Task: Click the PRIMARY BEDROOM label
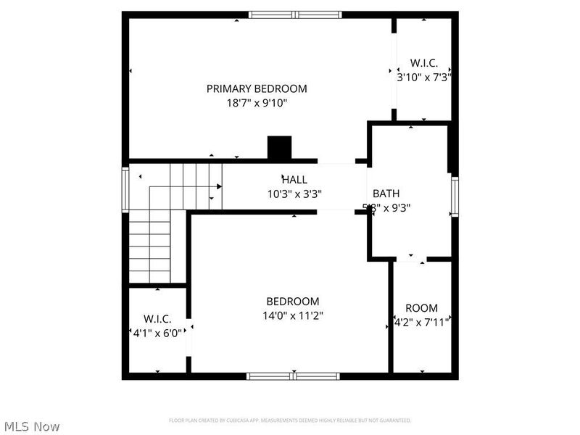pyautogui.click(x=257, y=88)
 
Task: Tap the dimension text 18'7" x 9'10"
pyautogui.click(x=257, y=103)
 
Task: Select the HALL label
pyautogui.click(x=294, y=179)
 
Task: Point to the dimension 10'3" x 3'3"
pyautogui.click(x=294, y=194)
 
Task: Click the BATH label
pyautogui.click(x=386, y=194)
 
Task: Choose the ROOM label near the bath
pyautogui.click(x=421, y=308)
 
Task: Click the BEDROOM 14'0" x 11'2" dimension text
pyautogui.click(x=293, y=315)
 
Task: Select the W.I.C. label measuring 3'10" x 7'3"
pyautogui.click(x=423, y=63)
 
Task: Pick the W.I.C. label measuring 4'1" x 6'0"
pyautogui.click(x=157, y=319)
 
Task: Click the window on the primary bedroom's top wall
pyautogui.click(x=294, y=14)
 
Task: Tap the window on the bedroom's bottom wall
pyautogui.click(x=293, y=376)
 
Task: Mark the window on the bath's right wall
pyautogui.click(x=455, y=196)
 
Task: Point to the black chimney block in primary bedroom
pyautogui.click(x=279, y=148)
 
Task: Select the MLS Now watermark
pyautogui.click(x=32, y=426)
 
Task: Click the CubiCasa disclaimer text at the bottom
pyautogui.click(x=290, y=420)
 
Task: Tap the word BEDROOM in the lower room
pyautogui.click(x=293, y=302)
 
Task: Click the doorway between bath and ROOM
pyautogui.click(x=411, y=258)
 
